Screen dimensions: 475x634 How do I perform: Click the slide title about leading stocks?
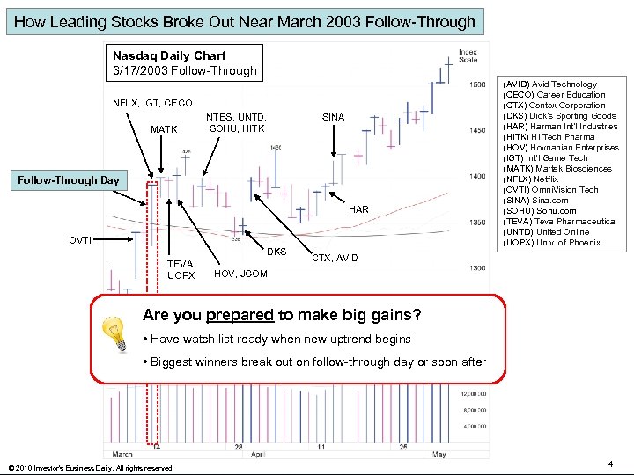(245, 21)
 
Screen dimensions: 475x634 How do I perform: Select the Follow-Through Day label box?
(69, 180)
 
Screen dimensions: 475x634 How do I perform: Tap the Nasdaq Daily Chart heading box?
(184, 62)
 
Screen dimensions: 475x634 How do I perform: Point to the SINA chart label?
(333, 117)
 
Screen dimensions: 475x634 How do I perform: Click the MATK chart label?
(164, 129)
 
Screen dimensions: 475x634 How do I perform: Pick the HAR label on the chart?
(358, 209)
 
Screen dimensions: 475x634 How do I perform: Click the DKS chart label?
(277, 252)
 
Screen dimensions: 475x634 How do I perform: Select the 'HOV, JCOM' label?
(240, 274)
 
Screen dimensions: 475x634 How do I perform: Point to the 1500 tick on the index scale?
(475, 84)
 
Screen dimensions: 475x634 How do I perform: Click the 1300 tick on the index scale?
(475, 267)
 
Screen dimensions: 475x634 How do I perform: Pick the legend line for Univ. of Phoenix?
(551, 243)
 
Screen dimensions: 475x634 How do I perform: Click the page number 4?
(611, 463)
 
